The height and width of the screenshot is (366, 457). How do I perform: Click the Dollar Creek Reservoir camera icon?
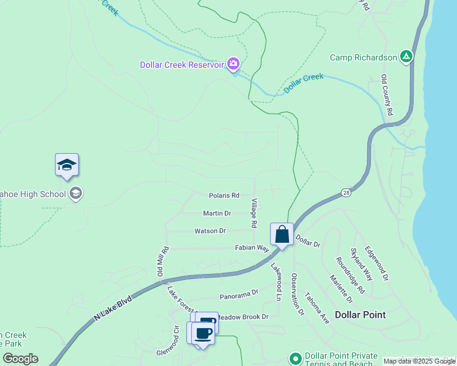(233, 63)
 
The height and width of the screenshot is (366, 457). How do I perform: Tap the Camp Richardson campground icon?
(406, 57)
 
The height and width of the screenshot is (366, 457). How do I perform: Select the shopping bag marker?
(282, 234)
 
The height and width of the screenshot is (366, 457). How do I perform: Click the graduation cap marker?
(67, 165)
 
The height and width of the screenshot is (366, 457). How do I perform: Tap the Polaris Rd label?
(224, 195)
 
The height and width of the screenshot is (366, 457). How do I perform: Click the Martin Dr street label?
(217, 213)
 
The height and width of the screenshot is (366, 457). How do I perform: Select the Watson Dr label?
(210, 231)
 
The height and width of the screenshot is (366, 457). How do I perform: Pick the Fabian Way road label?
(252, 248)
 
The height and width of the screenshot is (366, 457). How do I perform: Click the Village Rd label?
(254, 213)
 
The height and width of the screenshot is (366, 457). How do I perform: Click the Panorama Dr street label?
(235, 295)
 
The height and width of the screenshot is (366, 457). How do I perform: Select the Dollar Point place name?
(360, 315)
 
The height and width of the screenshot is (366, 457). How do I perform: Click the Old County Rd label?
(386, 96)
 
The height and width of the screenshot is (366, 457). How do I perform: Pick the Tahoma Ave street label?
(316, 307)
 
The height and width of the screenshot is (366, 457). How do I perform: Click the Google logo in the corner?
(20, 359)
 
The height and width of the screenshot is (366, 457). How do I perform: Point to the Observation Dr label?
(298, 294)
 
